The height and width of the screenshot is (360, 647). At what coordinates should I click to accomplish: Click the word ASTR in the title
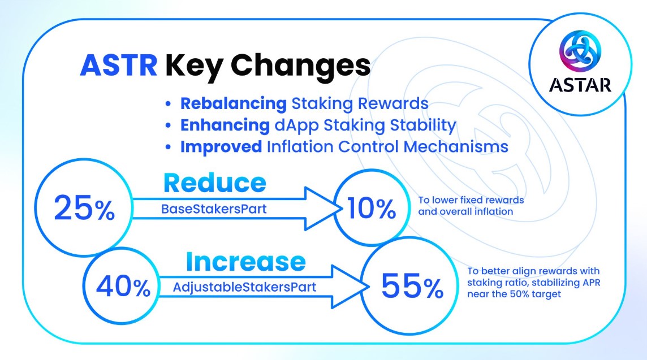coord(119,66)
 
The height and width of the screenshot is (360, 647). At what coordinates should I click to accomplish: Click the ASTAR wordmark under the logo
coord(580,84)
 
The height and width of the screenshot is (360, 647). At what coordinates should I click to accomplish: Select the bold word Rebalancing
coord(233,104)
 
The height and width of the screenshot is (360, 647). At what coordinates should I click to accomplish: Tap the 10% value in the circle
coord(372,210)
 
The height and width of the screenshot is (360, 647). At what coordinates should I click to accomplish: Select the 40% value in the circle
coord(123,287)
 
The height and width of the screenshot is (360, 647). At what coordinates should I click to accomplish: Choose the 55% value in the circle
coord(412,287)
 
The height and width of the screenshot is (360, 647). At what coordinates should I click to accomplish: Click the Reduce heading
coord(214,183)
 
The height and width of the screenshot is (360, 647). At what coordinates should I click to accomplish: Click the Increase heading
coord(245,262)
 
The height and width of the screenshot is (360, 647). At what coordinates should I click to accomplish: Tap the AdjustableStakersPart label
coord(244,287)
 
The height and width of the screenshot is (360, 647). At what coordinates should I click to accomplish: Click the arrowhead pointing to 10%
coord(322,210)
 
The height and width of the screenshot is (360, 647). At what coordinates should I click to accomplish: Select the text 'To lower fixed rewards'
coord(471,200)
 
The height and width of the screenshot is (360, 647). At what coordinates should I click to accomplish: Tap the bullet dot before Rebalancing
coord(167,105)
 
